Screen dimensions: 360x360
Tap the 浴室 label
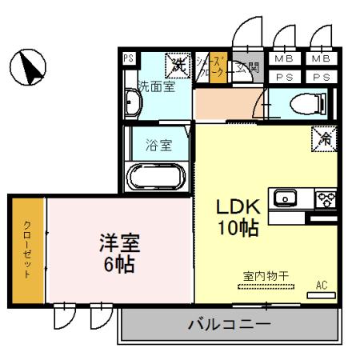pyautogui.click(x=158, y=146)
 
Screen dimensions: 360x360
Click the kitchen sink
pyautogui.click(x=285, y=198)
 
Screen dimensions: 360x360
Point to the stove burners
pyautogui.click(x=326, y=198)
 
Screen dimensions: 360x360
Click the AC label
pyautogui.click(x=322, y=284)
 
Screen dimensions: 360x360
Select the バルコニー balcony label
pyautogui.click(x=229, y=325)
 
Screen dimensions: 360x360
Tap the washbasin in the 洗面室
pyautogui.click(x=134, y=103)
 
